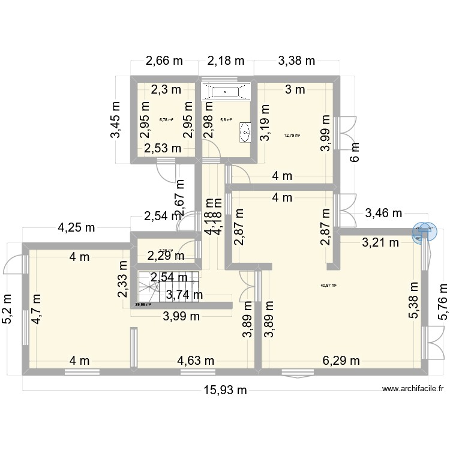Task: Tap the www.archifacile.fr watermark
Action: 413,389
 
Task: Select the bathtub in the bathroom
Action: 226,92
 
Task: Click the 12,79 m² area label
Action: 292,135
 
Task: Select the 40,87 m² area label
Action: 329,286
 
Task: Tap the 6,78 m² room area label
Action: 166,119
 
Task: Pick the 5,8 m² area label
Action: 226,119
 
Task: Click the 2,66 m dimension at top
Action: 164,61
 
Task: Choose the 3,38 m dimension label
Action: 296,61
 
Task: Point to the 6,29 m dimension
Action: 341,361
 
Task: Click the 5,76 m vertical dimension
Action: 442,300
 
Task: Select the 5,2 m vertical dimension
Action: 8,308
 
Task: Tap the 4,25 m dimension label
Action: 76,227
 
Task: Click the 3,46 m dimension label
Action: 385,212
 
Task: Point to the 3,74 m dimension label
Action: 184,294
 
